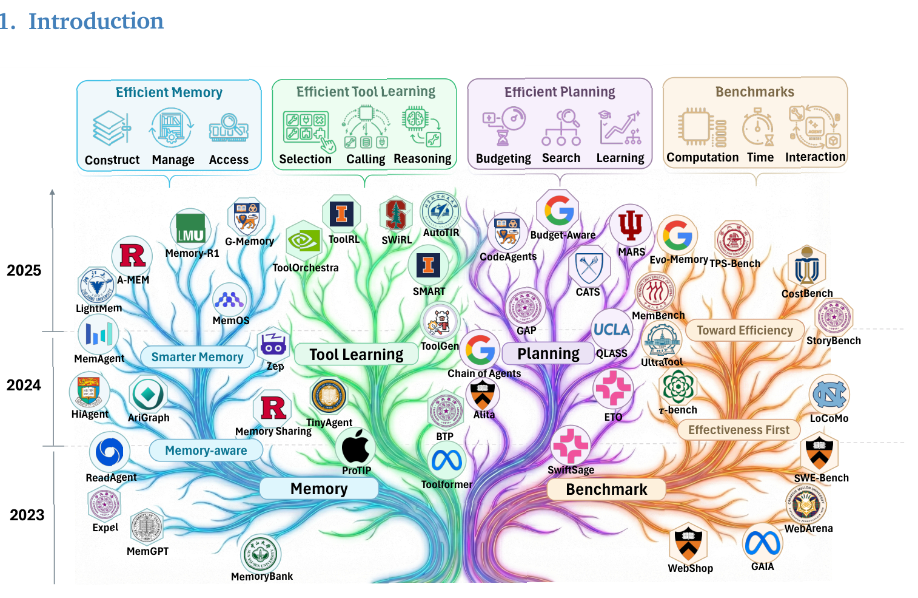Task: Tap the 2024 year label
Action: coord(24,385)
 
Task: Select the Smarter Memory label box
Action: coord(197,357)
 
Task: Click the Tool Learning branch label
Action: coord(356,355)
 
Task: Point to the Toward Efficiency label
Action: coord(745,330)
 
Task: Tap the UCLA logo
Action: coord(612,329)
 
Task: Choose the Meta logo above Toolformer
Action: coord(447,461)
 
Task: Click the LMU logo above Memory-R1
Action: coord(190,229)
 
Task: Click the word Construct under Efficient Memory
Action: coord(112,160)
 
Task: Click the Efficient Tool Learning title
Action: coord(366,92)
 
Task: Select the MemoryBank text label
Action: coord(262,576)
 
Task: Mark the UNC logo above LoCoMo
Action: coord(829,395)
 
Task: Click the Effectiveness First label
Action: coord(739,430)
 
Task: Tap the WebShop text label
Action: coord(690,568)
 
